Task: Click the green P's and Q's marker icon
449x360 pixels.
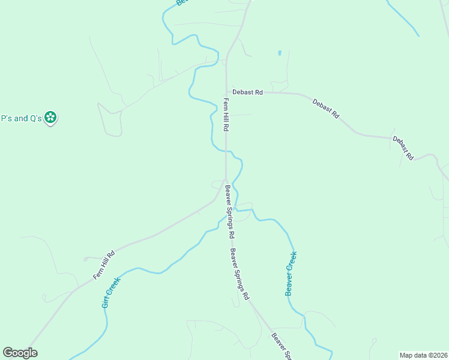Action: point(52,118)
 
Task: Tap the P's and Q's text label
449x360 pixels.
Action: point(22,118)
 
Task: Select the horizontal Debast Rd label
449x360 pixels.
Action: point(248,92)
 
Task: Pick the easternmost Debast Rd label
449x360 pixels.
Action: point(403,148)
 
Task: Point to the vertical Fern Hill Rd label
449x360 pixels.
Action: point(227,116)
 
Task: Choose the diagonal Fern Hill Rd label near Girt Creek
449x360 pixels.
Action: point(104,265)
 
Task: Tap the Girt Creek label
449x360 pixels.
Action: point(111,292)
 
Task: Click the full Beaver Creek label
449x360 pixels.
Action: point(291,273)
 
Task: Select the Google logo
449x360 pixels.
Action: point(20,353)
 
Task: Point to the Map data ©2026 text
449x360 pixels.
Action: point(423,355)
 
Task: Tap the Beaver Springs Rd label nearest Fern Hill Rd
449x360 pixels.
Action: point(229,210)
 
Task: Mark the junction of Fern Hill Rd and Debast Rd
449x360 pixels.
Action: point(226,92)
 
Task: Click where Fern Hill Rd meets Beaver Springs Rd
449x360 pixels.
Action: point(226,179)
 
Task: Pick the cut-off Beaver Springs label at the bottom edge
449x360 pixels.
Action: point(281,346)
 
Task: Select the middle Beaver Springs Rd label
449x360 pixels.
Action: point(239,274)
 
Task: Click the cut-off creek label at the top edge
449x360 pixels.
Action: point(182,3)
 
